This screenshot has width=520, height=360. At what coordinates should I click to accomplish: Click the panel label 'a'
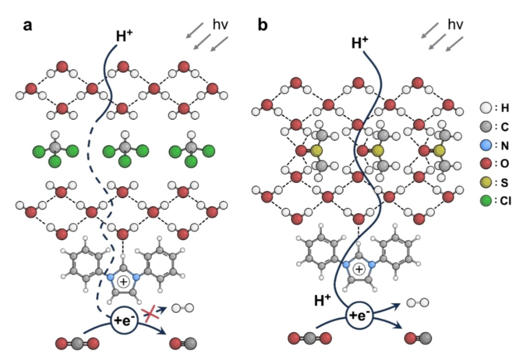[28, 26]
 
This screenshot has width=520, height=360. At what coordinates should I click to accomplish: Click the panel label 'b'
[263, 26]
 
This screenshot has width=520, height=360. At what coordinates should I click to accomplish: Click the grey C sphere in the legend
[485, 127]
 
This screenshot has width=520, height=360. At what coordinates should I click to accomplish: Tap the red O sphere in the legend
[485, 164]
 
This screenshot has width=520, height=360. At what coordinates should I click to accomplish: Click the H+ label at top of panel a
[124, 37]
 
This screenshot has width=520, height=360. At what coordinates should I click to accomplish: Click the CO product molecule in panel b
[418, 337]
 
